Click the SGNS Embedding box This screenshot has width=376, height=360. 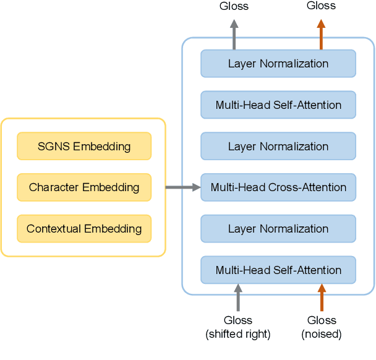83,147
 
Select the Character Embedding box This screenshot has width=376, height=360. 83,187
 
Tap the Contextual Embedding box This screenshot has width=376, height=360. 83,229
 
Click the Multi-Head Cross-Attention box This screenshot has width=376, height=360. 278,187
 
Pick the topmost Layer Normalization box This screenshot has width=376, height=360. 278,64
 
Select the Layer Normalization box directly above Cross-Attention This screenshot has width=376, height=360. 278,147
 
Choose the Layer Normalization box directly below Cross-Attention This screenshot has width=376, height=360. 278,229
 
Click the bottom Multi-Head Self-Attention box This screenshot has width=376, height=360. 278,270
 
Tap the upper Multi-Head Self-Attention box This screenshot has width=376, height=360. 278,105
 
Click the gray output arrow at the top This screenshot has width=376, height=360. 234,34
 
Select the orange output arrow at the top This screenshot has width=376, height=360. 321,34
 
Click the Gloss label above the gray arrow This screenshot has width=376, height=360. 234,6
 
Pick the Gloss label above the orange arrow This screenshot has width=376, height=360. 321,6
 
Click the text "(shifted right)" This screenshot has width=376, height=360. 238,335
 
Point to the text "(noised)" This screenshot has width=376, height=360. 322,335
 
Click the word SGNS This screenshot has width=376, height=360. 54,147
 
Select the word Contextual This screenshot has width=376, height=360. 54,229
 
